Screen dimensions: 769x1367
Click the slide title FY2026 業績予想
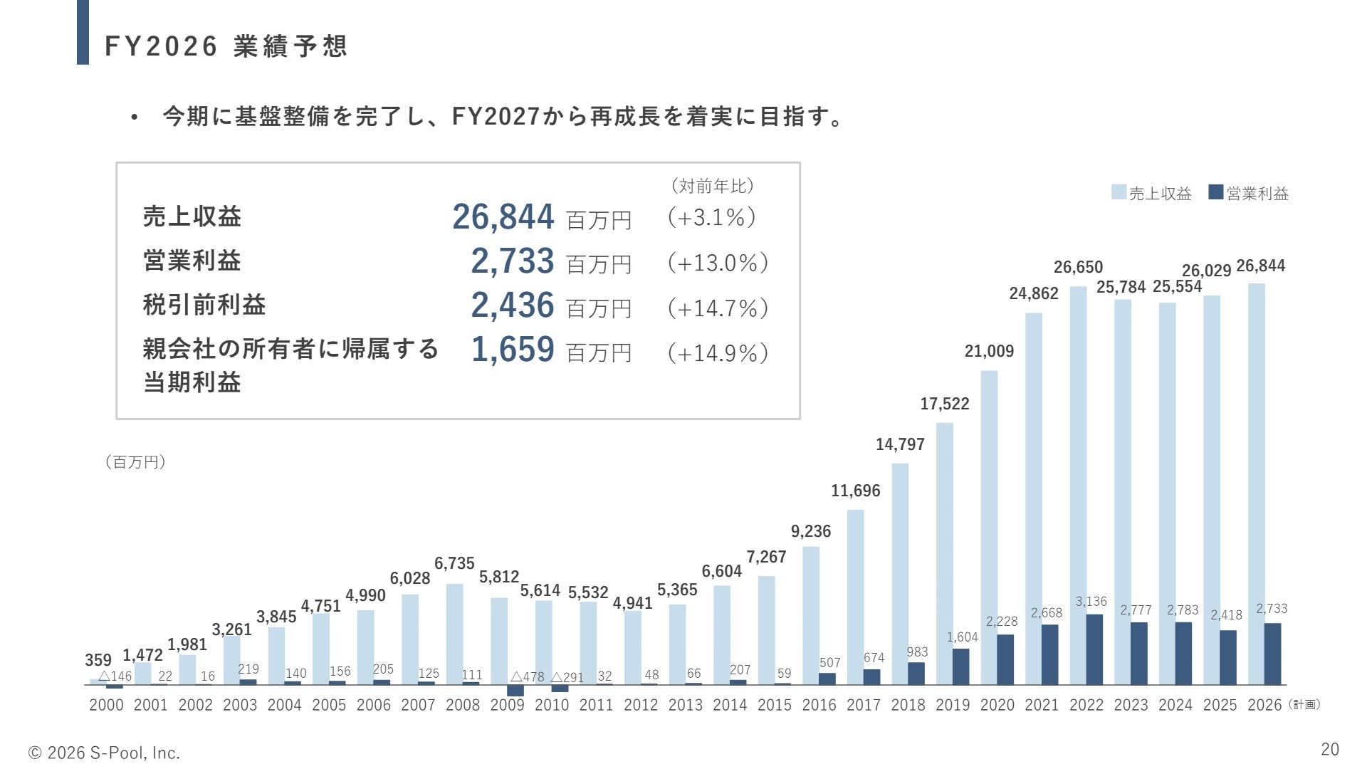click(x=226, y=46)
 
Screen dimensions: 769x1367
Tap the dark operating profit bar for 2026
click(x=1272, y=654)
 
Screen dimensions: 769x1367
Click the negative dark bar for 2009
click(x=515, y=690)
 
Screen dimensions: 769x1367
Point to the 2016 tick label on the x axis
click(x=819, y=705)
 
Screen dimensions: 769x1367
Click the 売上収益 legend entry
click(x=1152, y=193)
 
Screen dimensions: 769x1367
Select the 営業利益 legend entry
click(x=1250, y=193)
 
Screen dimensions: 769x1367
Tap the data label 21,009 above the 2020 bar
click(x=989, y=351)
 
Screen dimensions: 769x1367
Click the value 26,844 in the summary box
click(x=503, y=216)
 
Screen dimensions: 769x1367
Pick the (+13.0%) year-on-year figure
click(x=718, y=263)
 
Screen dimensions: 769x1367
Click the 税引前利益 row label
click(x=204, y=305)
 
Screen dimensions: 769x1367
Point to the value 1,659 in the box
click(x=513, y=350)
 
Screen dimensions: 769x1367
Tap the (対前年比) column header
click(x=712, y=186)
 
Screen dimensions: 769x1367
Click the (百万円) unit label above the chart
click(x=135, y=462)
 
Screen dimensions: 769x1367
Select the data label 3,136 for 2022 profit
click(x=1091, y=602)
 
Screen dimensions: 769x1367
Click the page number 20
click(x=1329, y=749)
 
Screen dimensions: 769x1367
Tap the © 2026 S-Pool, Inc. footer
click(x=104, y=753)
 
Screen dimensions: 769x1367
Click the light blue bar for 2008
click(x=454, y=634)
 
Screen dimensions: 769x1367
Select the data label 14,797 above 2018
click(x=900, y=444)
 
